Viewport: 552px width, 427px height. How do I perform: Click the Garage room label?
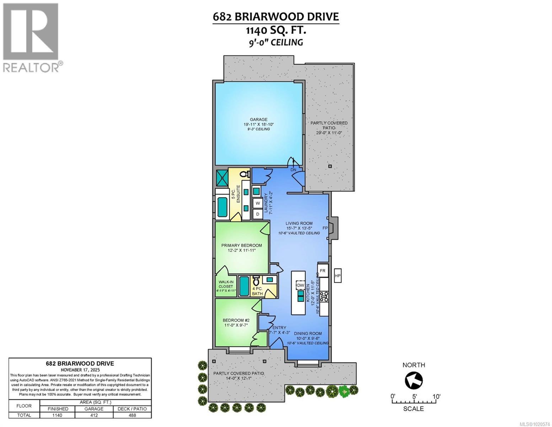click(258, 120)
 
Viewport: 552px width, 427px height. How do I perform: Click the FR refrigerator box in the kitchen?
click(322, 270)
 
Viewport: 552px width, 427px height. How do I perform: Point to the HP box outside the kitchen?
click(338, 275)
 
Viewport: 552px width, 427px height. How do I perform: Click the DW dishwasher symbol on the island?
click(300, 285)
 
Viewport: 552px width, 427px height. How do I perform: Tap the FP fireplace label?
click(325, 228)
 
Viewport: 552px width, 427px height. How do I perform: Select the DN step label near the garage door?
click(293, 170)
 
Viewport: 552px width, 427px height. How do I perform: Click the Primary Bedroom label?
click(241, 245)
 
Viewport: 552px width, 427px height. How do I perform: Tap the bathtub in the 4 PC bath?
click(244, 286)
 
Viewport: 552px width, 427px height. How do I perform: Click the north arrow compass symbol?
click(414, 381)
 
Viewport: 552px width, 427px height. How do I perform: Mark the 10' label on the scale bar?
click(436, 396)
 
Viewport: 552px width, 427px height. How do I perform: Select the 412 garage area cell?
click(94, 415)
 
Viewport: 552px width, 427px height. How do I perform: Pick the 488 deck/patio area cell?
click(132, 415)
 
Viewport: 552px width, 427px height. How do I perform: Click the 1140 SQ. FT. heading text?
click(275, 31)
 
